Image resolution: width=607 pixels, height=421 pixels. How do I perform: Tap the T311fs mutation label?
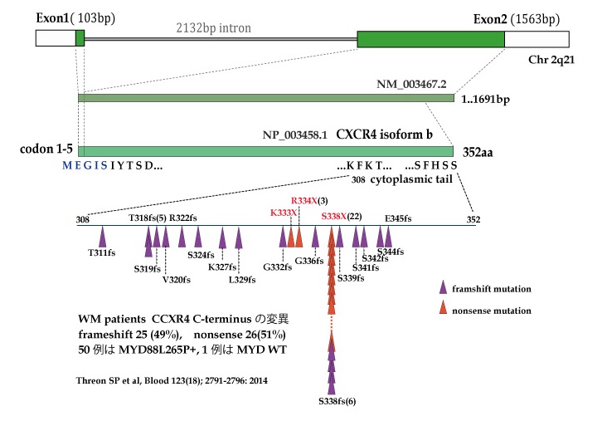(102, 253)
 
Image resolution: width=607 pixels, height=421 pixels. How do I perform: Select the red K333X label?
(284, 213)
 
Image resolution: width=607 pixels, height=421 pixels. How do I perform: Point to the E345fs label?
(398, 218)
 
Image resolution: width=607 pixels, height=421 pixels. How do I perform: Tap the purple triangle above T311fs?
(103, 236)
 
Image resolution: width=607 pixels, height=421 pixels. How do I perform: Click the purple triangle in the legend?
(444, 287)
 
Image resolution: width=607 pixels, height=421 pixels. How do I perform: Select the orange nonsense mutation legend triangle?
(444, 309)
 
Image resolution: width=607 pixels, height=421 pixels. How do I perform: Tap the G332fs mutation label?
(277, 267)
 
